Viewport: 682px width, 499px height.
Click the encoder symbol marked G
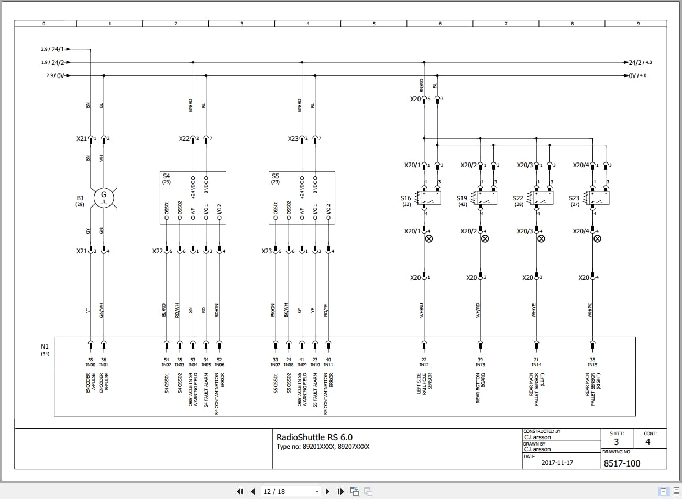click(x=104, y=198)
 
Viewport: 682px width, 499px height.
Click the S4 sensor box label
click(x=167, y=176)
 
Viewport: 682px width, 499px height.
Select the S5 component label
click(x=276, y=176)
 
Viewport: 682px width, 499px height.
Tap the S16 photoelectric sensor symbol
click(x=431, y=198)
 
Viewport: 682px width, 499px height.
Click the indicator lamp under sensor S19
click(x=485, y=239)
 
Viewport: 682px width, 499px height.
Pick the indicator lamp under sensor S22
click(x=541, y=239)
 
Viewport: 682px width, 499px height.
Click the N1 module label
click(x=45, y=346)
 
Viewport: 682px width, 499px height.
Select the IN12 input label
click(x=424, y=365)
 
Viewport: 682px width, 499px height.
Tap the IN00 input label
click(x=91, y=365)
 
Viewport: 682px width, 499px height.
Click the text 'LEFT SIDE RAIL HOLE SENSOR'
click(x=424, y=384)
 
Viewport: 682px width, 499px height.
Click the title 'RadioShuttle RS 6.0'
click(x=314, y=437)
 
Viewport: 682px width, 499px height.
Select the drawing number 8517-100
click(x=622, y=463)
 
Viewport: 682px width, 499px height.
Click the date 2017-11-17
click(x=557, y=463)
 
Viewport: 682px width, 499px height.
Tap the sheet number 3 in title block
click(x=616, y=442)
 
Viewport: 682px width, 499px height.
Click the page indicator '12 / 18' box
click(x=291, y=491)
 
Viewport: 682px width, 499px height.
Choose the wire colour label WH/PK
click(x=590, y=311)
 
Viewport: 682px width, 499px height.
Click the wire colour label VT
click(x=88, y=310)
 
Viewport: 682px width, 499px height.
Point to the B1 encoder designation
click(x=80, y=198)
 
